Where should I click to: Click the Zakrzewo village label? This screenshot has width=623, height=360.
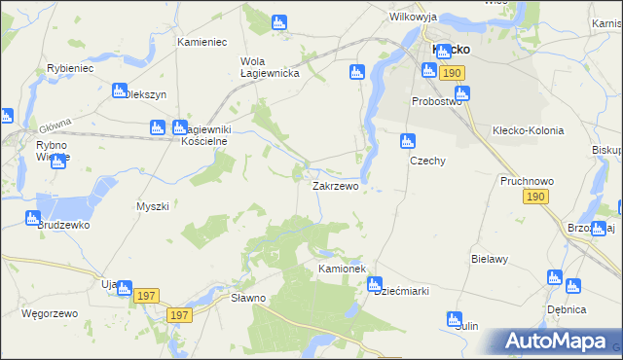click(335, 185)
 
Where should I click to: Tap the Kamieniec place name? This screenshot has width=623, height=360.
click(202, 43)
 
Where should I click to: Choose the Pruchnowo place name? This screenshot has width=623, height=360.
click(527, 181)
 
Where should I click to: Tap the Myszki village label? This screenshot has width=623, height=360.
click(153, 206)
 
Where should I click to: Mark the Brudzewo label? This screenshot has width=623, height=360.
click(64, 224)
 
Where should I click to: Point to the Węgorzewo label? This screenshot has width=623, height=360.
click(48, 314)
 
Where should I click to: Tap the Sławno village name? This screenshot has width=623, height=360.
click(247, 298)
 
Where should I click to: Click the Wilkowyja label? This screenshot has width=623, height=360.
click(413, 18)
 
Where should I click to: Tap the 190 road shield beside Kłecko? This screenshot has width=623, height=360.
click(451, 73)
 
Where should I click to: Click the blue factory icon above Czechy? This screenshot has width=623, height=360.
click(408, 142)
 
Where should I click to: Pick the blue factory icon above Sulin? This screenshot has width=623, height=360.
click(454, 319)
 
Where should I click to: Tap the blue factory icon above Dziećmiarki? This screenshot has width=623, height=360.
click(374, 284)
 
